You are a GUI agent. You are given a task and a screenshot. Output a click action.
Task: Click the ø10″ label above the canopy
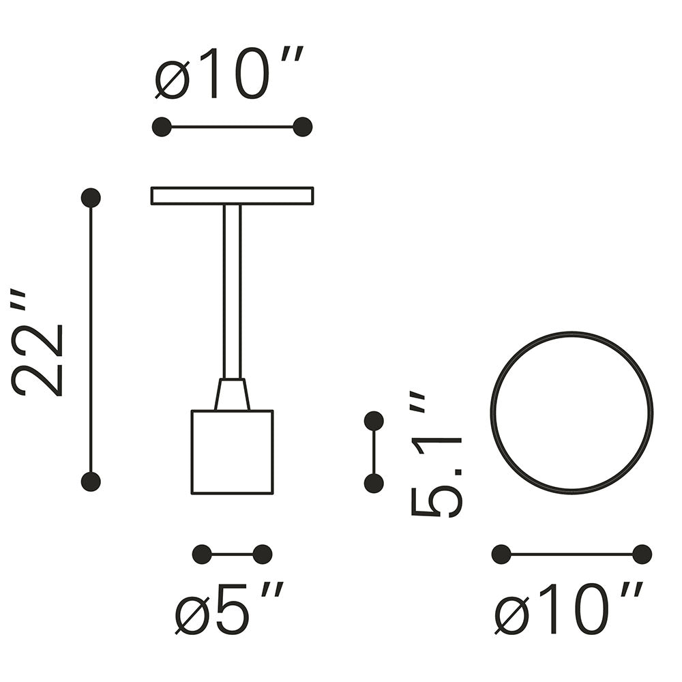228,73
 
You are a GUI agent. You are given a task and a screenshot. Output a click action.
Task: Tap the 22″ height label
38,342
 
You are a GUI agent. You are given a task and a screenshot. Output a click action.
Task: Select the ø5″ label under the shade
229,607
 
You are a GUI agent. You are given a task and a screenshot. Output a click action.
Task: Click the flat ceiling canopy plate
233,196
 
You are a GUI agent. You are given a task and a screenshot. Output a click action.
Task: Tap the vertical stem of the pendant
233,292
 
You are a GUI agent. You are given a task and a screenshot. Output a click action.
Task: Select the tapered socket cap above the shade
233,394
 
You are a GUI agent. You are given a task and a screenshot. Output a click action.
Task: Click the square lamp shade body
233,452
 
